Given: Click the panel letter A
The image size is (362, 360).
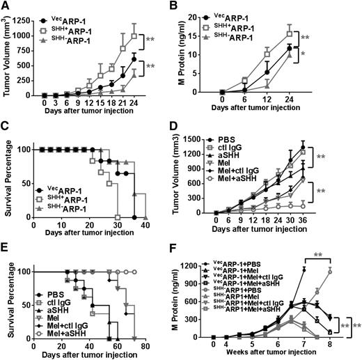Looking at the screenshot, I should tap(6, 6).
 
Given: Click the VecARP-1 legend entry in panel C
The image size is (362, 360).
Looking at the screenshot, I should tap(61, 189).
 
